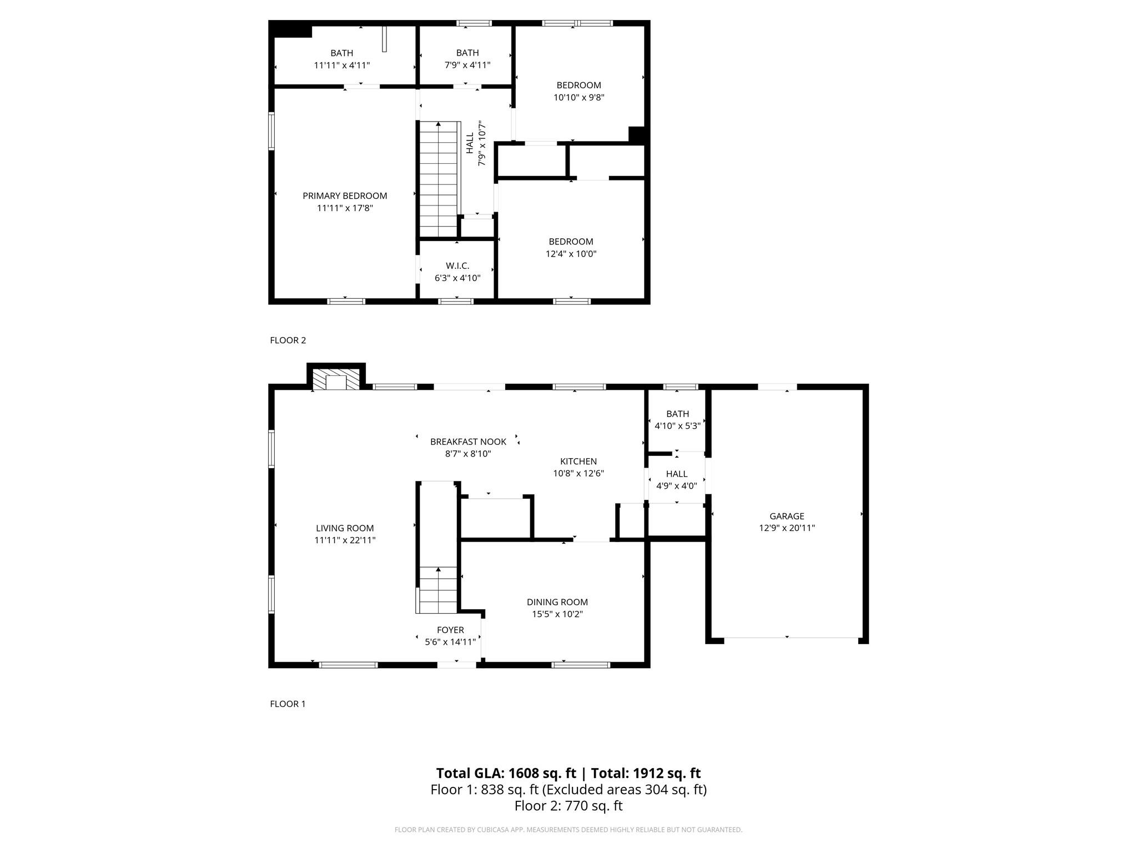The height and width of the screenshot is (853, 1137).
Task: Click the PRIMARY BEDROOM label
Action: pyautogui.click(x=345, y=196)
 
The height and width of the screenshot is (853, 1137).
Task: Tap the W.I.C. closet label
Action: pyautogui.click(x=457, y=266)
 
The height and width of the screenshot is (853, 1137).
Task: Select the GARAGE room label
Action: pyautogui.click(x=787, y=516)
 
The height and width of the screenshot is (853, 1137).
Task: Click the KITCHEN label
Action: pyautogui.click(x=578, y=461)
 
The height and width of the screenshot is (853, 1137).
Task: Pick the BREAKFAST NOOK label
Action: pyautogui.click(x=468, y=442)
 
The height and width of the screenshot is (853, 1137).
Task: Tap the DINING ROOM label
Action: pyautogui.click(x=557, y=602)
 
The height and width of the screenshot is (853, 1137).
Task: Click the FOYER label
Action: pyautogui.click(x=450, y=630)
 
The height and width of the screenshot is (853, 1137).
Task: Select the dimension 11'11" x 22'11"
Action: pyautogui.click(x=345, y=540)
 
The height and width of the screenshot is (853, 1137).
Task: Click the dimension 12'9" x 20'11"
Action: pyautogui.click(x=787, y=528)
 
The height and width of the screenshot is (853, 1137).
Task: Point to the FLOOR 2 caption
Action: pyautogui.click(x=288, y=340)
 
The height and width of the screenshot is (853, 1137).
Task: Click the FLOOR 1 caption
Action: pyautogui.click(x=288, y=704)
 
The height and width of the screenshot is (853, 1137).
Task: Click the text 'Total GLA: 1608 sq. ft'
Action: pyautogui.click(x=506, y=773)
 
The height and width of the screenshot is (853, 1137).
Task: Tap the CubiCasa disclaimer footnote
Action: pyautogui.click(x=568, y=830)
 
